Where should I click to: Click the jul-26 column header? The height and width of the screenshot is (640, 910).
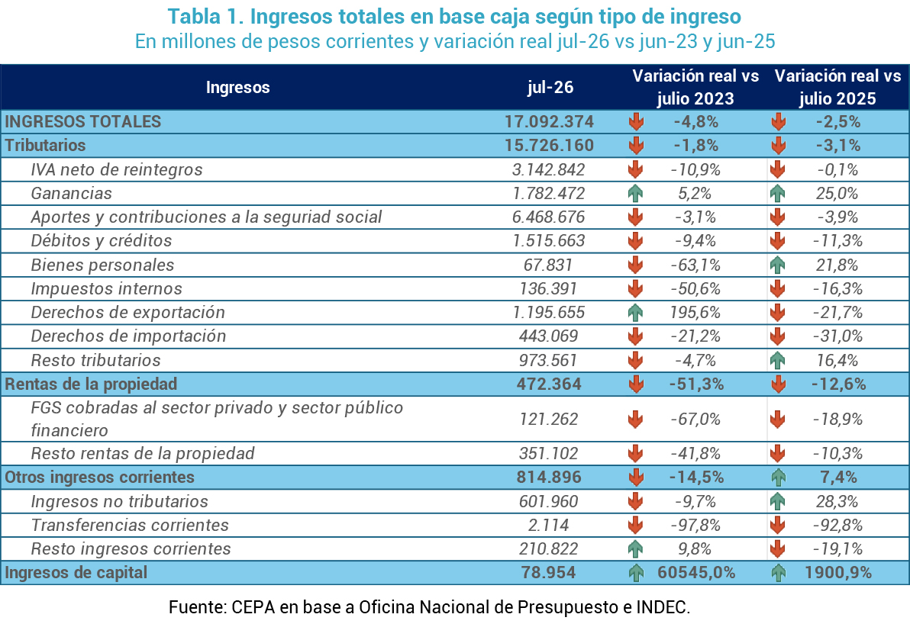point(550,87)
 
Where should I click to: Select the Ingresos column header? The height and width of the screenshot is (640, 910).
point(238,88)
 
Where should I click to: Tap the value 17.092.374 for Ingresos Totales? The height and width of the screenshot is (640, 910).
point(549,122)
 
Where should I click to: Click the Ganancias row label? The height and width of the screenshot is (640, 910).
point(72,193)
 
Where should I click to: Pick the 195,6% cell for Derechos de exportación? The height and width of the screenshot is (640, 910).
point(695,313)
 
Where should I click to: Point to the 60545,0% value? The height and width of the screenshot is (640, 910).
point(696,573)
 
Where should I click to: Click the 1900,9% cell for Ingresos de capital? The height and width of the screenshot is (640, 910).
point(838,573)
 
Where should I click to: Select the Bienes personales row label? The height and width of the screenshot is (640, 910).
point(102,265)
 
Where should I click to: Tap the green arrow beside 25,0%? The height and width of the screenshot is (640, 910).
point(778,193)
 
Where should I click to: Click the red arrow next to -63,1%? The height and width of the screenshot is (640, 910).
point(635,265)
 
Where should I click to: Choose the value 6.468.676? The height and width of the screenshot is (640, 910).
point(548,217)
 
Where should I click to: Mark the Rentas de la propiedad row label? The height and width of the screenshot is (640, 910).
point(91,384)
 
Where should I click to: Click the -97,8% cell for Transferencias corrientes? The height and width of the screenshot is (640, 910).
point(695,526)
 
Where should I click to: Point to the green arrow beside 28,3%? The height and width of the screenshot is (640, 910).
point(778,501)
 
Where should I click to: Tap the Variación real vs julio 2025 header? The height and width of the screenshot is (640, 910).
point(837,87)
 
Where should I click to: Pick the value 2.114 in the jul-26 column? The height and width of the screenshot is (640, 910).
point(548,526)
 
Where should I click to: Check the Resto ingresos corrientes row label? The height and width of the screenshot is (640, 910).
point(131,549)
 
